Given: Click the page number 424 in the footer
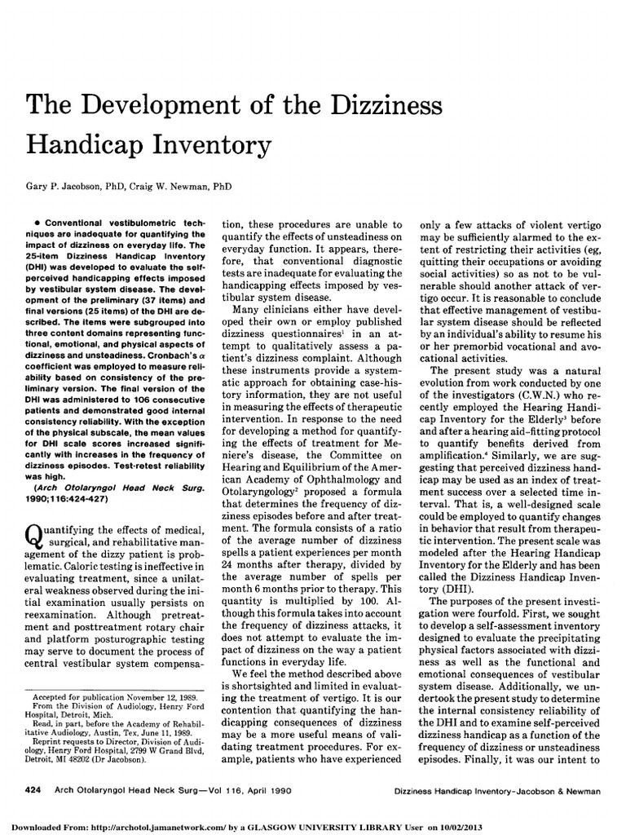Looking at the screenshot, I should [37, 790].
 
